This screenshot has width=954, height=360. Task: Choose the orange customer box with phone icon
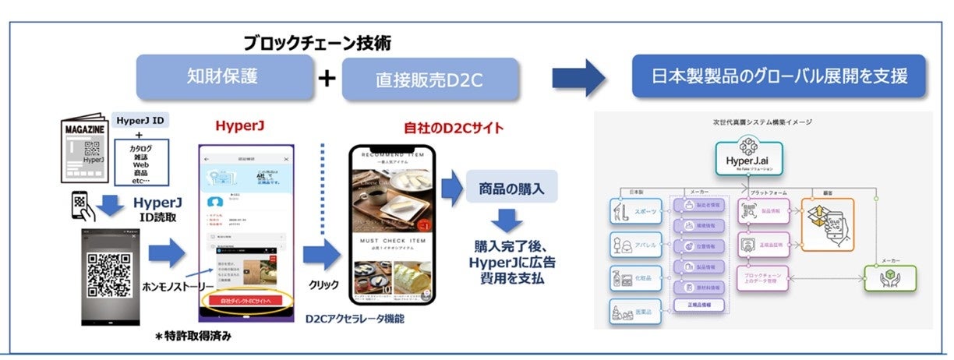coord(826,224)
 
